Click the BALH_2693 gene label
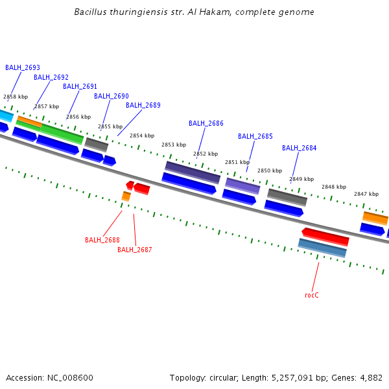[x=23, y=67]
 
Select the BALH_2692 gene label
[x=51, y=77]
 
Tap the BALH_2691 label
[x=80, y=86]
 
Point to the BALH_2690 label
[x=112, y=96]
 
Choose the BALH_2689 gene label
[x=143, y=105]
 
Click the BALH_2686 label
[x=206, y=123]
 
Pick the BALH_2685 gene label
[x=255, y=136]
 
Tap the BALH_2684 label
[x=300, y=148]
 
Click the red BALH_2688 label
[x=102, y=240]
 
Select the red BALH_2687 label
[x=135, y=250]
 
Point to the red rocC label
[x=312, y=295]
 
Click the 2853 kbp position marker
[x=174, y=145]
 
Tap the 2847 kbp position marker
[x=366, y=194]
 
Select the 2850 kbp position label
[x=270, y=171]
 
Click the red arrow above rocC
[x=325, y=236]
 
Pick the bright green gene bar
[x=62, y=134]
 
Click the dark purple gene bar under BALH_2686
[x=193, y=172]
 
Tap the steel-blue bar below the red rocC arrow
[x=322, y=248]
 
